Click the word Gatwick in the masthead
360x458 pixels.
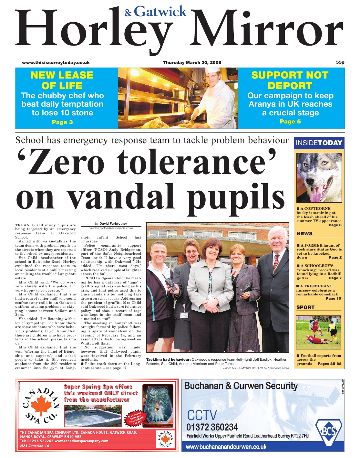tap(160, 12)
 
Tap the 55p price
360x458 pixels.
tap(340, 62)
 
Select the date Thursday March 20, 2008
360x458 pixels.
tap(192, 62)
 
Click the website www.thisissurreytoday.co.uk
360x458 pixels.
tap(56, 62)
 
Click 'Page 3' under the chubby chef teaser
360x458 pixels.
tap(62, 122)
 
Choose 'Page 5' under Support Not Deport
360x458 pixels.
tap(290, 122)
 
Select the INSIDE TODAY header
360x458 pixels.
tap(319, 143)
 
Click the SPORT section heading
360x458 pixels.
tap(305, 307)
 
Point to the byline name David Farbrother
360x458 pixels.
tap(113, 223)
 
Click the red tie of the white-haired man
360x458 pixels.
tap(276, 263)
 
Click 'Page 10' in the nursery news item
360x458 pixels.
tap(333, 298)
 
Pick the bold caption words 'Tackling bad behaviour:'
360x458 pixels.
tap(168, 359)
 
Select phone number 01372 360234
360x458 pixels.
tap(212, 427)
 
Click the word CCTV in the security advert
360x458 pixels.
tap(202, 415)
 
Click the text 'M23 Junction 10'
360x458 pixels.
tap(35, 446)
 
